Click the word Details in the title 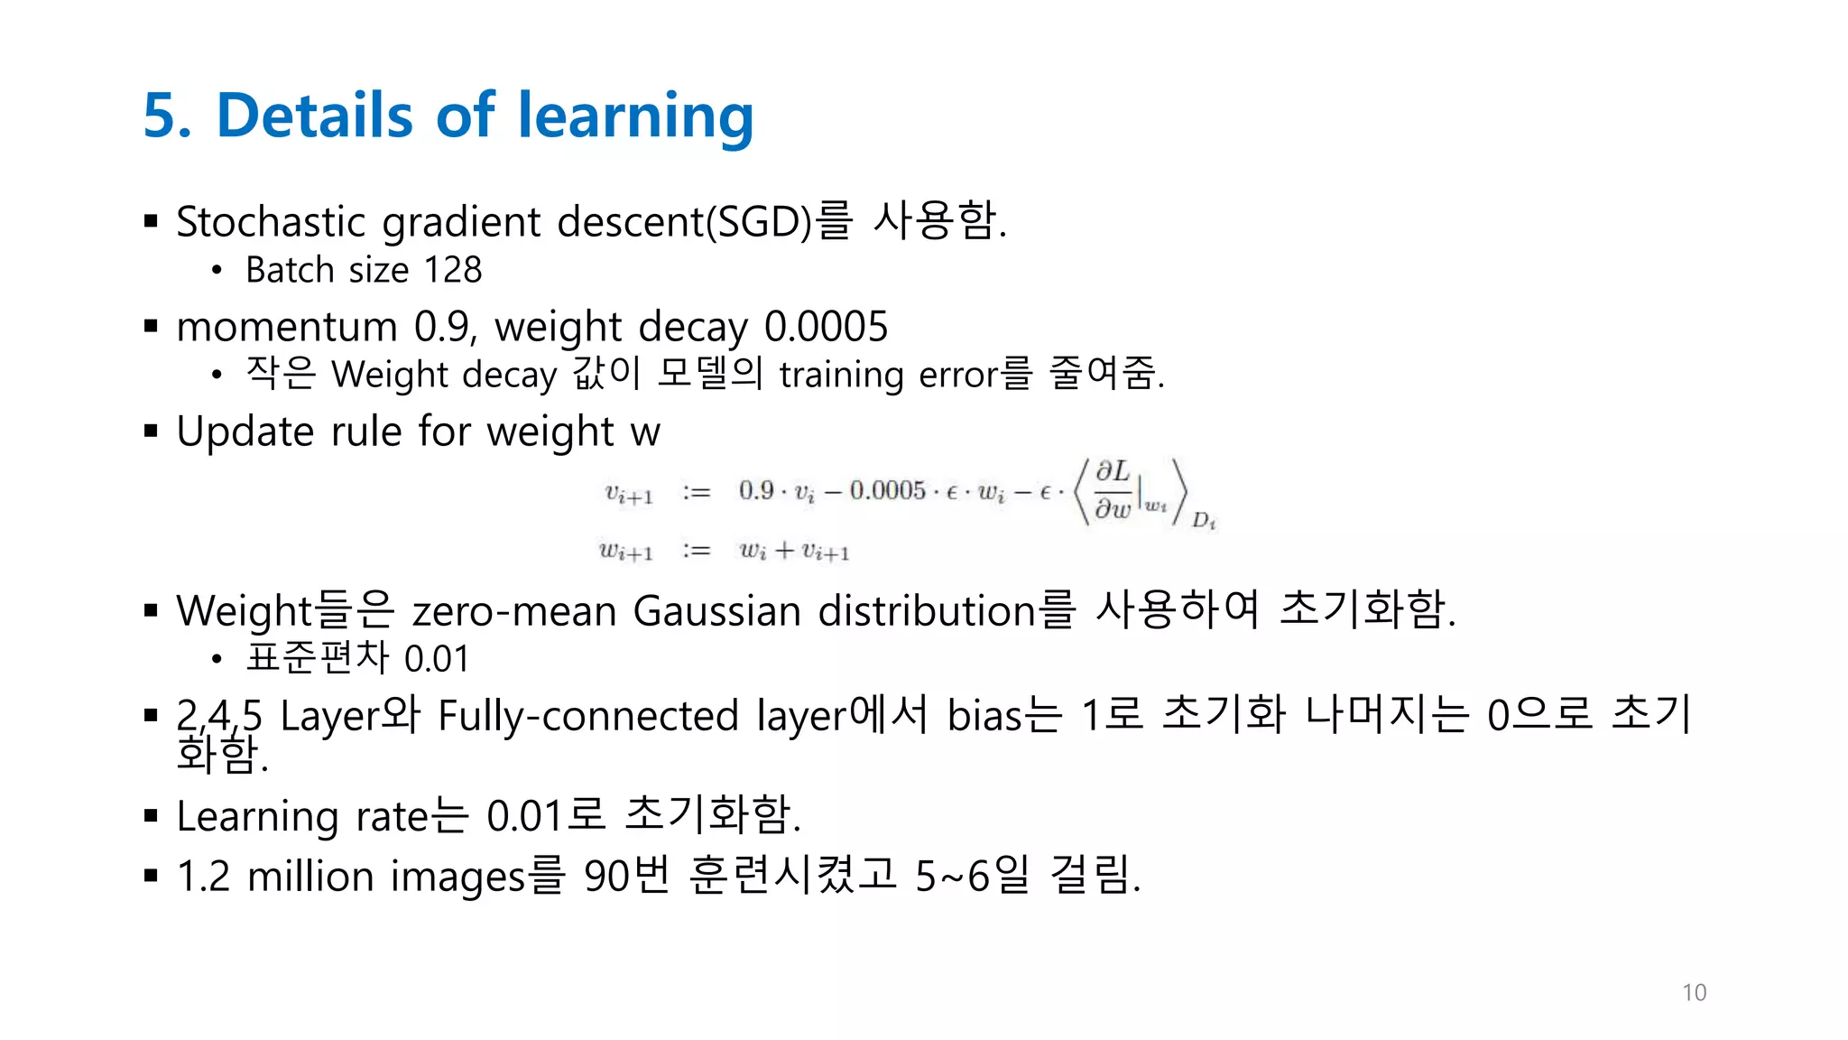coord(314,116)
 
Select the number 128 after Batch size coord(453,270)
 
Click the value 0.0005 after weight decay coord(826,327)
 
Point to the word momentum coord(286,327)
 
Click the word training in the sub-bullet coord(841,375)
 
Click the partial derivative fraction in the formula coord(1113,490)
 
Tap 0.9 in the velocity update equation coord(756,490)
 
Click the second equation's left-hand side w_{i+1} coord(625,551)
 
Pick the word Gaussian coord(716,611)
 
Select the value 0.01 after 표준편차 coord(437,659)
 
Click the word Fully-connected coord(588,716)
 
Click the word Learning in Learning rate coord(257,816)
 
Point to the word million coord(310,877)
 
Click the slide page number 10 coord(1694,992)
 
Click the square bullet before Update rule coord(151,431)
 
